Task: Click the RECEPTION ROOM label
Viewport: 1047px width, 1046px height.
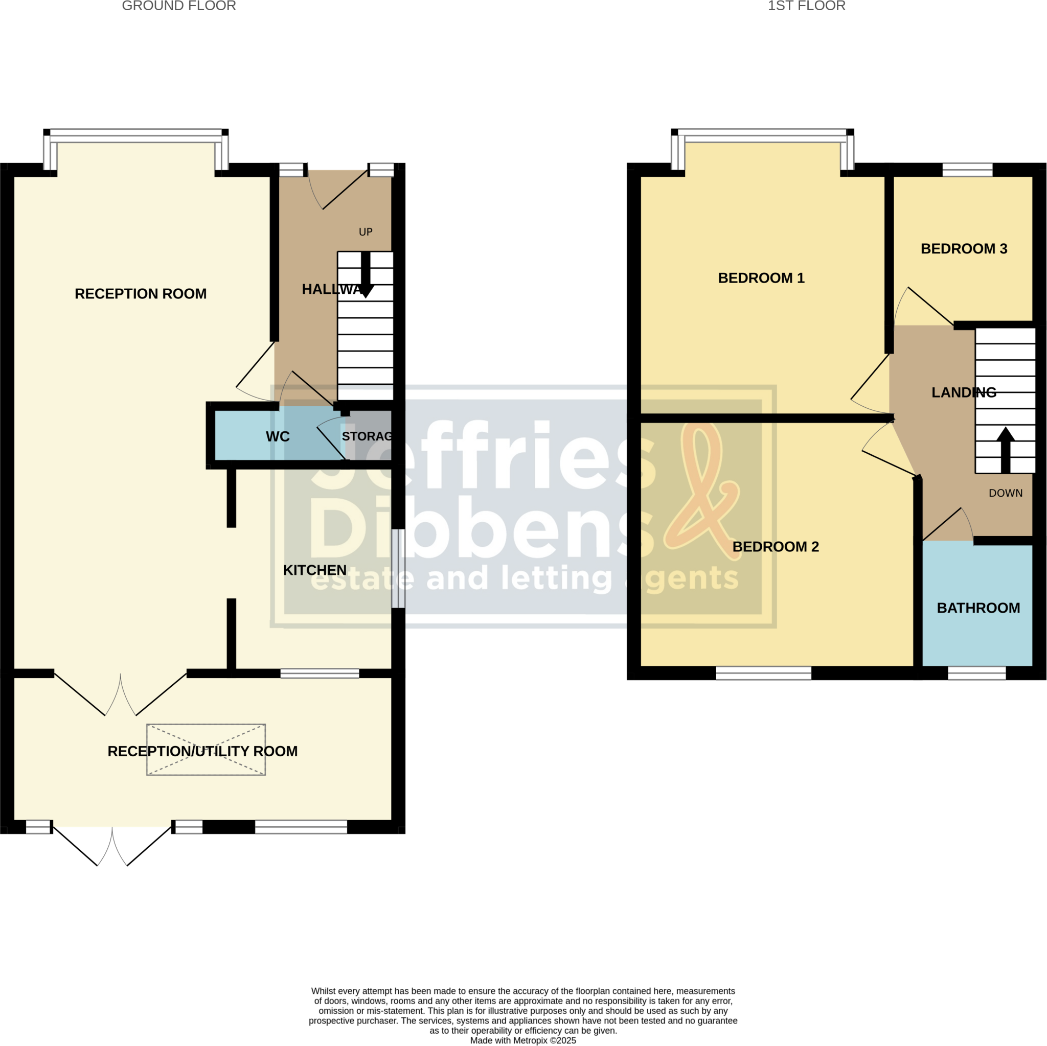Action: [x=141, y=294]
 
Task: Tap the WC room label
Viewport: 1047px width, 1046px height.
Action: [x=278, y=436]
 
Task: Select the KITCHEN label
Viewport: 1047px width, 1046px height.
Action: [x=314, y=570]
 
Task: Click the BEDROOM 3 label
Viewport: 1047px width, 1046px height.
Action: [x=964, y=249]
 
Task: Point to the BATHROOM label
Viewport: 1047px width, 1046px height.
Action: [x=978, y=608]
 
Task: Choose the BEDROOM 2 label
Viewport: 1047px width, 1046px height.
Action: [x=776, y=547]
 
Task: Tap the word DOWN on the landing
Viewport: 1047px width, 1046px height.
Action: [x=1005, y=493]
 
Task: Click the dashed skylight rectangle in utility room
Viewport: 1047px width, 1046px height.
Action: [x=206, y=750]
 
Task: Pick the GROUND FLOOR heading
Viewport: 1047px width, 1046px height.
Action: [x=179, y=6]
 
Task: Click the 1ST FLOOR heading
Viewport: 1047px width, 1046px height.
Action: [x=806, y=6]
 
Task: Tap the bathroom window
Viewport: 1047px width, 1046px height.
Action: [x=976, y=673]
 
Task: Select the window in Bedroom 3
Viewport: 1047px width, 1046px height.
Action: [x=967, y=170]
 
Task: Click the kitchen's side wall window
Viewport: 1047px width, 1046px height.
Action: [x=398, y=568]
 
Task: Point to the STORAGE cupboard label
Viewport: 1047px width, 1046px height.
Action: [x=367, y=436]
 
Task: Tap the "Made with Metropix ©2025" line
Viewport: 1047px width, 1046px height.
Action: [x=523, y=1040]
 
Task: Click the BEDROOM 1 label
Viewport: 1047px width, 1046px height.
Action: [x=761, y=278]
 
